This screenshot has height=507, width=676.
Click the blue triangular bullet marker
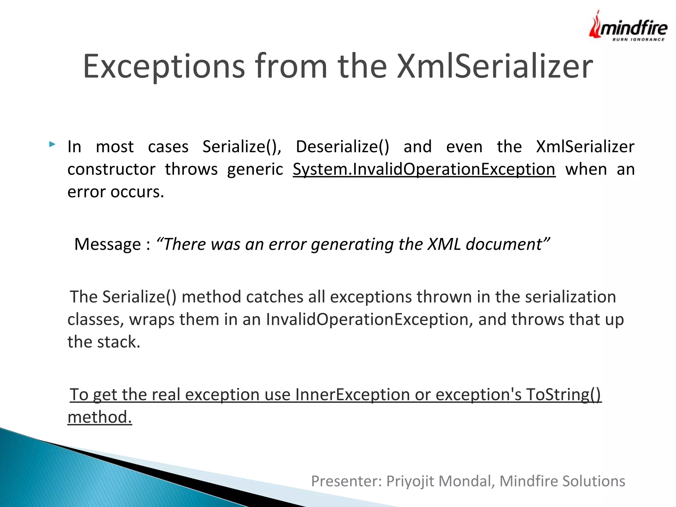click(52, 144)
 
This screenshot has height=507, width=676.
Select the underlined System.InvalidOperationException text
click(424, 169)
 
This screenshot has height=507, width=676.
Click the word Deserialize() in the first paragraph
click(342, 147)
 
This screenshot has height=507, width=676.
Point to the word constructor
click(111, 169)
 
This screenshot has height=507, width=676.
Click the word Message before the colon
click(108, 244)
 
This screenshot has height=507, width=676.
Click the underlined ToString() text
click(564, 394)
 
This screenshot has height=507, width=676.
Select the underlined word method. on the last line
click(100, 417)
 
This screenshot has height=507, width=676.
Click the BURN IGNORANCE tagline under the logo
click(638, 40)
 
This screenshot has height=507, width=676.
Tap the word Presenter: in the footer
click(346, 481)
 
